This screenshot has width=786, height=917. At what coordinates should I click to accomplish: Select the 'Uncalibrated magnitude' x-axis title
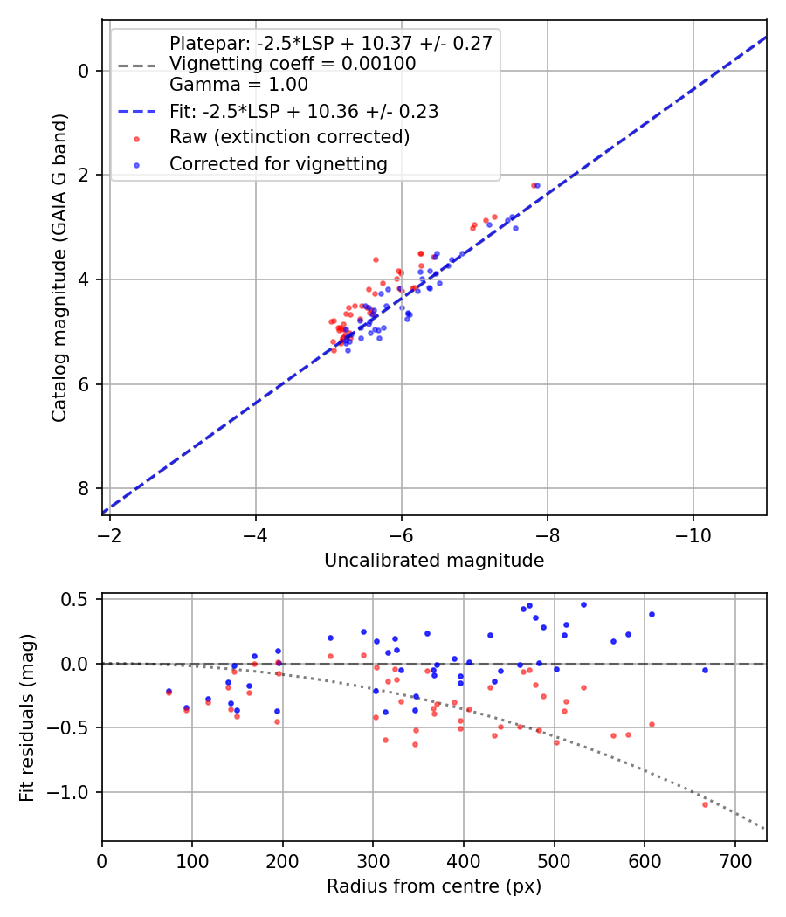click(434, 561)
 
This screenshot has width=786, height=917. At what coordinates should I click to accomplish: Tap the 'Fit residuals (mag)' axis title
click(27, 716)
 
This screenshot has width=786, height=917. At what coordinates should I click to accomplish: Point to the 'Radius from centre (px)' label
click(434, 886)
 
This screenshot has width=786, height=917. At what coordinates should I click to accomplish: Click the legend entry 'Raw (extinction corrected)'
click(289, 137)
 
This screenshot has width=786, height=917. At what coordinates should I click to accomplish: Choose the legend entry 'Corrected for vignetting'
click(279, 163)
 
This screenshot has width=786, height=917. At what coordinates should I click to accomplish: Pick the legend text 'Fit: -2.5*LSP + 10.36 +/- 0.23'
click(304, 111)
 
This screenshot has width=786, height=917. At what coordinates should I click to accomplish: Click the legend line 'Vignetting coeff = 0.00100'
click(293, 64)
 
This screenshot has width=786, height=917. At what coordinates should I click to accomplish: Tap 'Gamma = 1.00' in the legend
click(238, 85)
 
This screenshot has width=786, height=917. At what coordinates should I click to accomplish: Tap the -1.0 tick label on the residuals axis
click(75, 792)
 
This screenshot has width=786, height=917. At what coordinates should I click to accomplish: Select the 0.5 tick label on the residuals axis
click(79, 600)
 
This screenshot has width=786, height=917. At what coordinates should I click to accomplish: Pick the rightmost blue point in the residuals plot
click(705, 670)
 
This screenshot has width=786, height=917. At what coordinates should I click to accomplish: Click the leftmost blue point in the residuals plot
click(169, 691)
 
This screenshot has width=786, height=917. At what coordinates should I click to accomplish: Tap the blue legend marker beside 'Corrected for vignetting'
click(135, 164)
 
